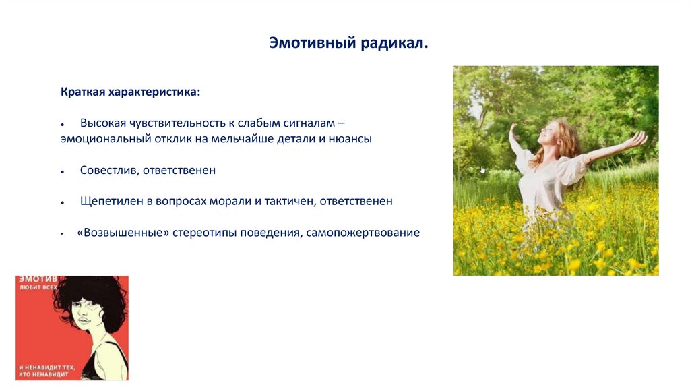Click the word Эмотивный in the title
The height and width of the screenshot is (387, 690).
click(x=313, y=43)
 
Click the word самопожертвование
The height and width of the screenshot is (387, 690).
click(x=363, y=232)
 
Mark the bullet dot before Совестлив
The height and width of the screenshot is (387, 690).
click(x=63, y=171)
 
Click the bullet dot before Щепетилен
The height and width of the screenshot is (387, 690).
click(x=63, y=202)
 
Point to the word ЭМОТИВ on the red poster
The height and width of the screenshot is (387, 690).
click(x=38, y=279)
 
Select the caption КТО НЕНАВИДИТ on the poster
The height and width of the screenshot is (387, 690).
click(x=44, y=374)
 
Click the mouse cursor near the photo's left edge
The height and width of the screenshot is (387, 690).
click(x=482, y=169)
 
